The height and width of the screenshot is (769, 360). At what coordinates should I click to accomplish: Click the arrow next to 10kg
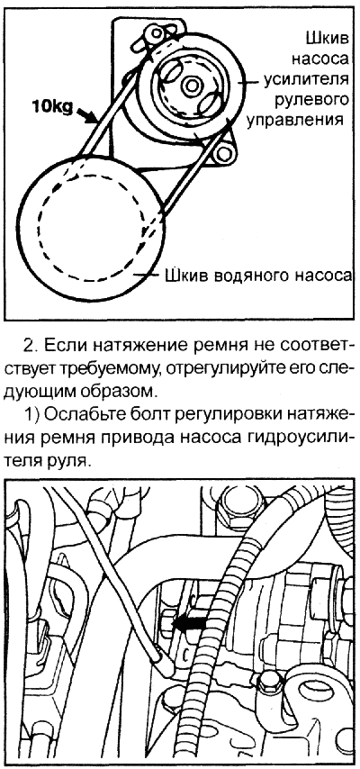[88, 115]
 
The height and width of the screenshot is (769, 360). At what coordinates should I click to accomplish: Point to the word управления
[295, 120]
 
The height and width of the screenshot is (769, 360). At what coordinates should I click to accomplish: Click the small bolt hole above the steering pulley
[157, 32]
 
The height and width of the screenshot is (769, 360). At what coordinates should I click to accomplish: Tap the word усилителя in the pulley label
[306, 79]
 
